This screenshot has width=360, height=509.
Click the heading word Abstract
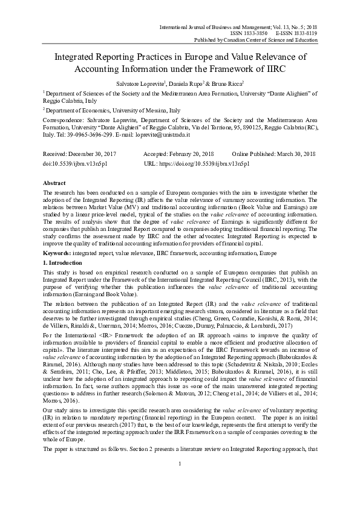[54, 182]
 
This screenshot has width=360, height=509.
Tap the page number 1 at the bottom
[180, 480]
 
